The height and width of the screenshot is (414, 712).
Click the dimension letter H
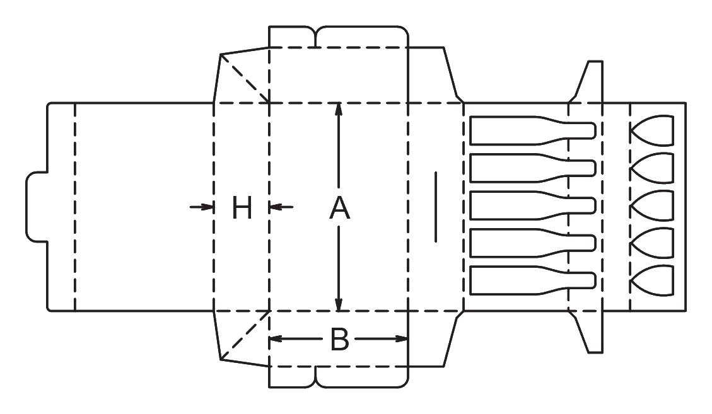tap(242, 208)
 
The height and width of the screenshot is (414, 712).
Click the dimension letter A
tap(340, 208)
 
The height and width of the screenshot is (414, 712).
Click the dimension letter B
tap(340, 339)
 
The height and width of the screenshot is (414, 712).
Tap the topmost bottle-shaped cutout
tap(533, 130)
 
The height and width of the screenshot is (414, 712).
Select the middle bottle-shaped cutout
tap(533, 205)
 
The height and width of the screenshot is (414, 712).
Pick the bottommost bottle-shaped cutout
tap(533, 280)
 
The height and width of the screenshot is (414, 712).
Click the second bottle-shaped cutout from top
tap(533, 168)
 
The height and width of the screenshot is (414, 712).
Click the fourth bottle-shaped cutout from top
tap(533, 243)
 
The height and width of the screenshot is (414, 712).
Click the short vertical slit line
tap(436, 207)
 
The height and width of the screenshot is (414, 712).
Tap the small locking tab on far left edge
tap(37, 207)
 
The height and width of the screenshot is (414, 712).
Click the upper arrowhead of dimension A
tap(338, 110)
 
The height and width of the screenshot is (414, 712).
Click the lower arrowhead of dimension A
tap(338, 304)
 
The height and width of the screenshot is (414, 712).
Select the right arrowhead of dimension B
tap(402, 338)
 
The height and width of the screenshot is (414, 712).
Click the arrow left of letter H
tap(202, 207)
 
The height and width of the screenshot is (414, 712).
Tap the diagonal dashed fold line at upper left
tap(245, 79)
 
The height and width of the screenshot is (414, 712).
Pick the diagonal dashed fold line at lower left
tap(245, 335)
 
